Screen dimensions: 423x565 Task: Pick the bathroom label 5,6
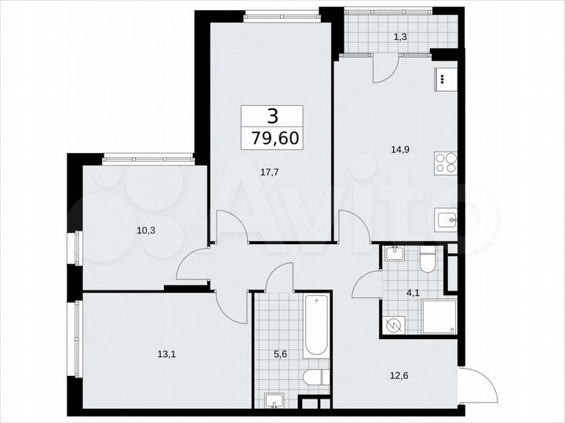(279, 353)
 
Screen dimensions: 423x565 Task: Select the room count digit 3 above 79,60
(272, 116)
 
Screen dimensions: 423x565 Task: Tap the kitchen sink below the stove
(446, 220)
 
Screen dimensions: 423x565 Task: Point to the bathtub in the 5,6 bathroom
(317, 325)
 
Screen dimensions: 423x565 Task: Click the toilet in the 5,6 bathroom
(315, 379)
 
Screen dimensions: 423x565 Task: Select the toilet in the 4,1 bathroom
(428, 259)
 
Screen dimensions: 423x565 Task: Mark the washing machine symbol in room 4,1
(395, 323)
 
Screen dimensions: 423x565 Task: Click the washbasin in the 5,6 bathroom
(275, 400)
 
